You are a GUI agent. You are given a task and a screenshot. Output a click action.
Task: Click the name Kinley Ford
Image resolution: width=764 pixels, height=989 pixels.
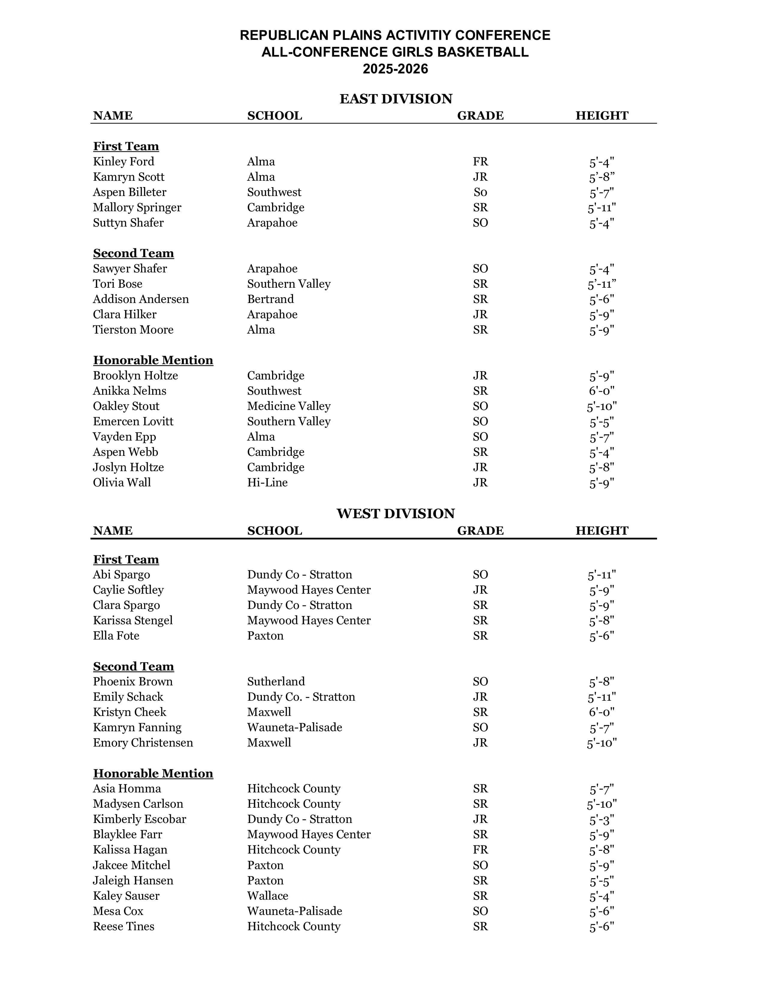coord(123,162)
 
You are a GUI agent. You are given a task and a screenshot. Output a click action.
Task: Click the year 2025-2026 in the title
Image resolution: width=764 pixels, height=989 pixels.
coord(395,69)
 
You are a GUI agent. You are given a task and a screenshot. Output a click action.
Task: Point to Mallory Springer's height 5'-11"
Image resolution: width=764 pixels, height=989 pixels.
coord(602,208)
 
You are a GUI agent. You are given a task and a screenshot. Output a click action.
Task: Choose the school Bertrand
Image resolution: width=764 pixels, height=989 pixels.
coord(270,299)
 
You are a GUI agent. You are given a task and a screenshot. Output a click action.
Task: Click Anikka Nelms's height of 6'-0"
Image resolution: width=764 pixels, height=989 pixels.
coord(602,391)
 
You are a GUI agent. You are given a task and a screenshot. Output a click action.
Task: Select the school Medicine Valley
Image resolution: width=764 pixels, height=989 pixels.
coord(289,406)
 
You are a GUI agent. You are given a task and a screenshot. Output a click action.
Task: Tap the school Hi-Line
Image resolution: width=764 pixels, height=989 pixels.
coord(267,483)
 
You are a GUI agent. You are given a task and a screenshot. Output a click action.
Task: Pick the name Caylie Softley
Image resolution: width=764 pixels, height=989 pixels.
coord(128,590)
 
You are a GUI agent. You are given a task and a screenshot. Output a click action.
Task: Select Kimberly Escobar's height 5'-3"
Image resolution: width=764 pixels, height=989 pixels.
coord(602,820)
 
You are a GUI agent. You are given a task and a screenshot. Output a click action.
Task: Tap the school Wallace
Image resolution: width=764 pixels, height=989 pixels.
coord(268,896)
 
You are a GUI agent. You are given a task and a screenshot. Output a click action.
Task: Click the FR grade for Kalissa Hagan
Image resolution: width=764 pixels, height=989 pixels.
coord(480,850)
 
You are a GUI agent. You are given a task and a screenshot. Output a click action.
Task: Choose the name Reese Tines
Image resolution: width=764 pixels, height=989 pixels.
coord(123,926)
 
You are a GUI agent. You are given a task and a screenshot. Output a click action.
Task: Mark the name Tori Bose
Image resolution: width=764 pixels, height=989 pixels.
coord(118,284)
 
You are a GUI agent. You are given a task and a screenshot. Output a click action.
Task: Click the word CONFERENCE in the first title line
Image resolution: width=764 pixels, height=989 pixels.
coord(502,35)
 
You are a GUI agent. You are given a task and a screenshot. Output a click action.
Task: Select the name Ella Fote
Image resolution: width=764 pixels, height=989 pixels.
coord(116,636)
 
